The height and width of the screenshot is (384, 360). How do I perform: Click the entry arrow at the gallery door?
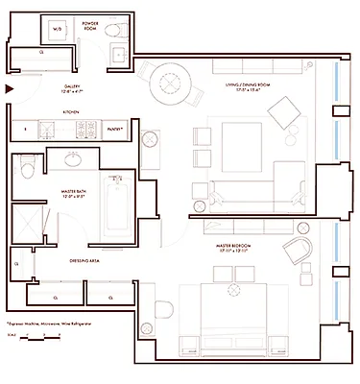coord(9,89)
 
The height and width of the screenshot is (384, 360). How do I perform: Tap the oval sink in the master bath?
coord(74,160)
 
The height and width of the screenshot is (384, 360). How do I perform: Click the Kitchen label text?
coord(69,112)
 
